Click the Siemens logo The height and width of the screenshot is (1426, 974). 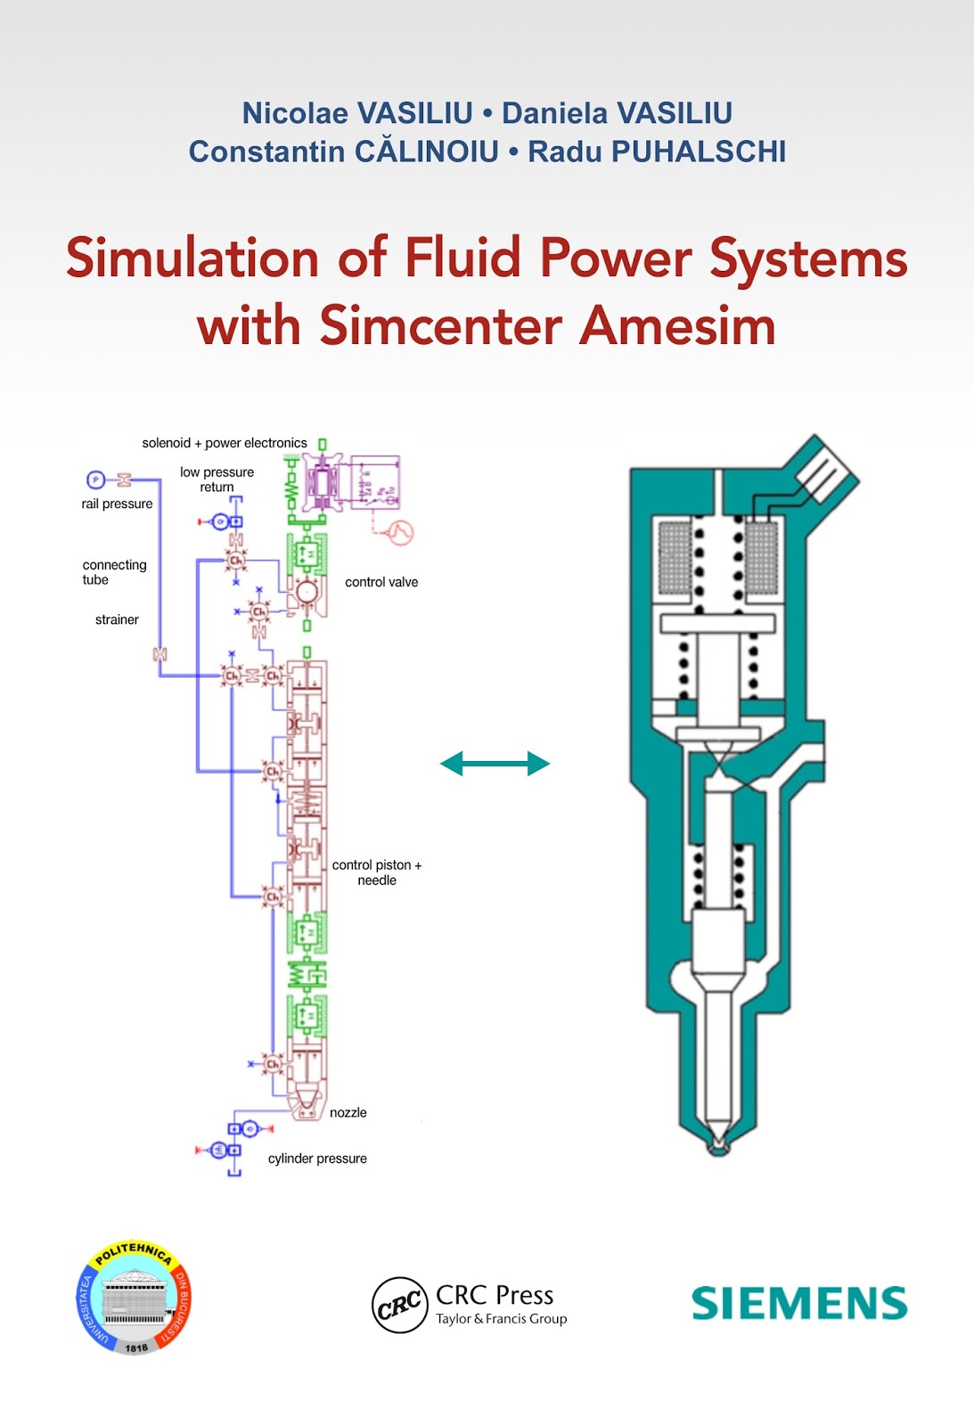tap(799, 1303)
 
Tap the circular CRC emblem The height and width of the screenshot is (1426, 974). tap(399, 1305)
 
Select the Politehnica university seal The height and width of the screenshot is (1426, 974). tap(134, 1298)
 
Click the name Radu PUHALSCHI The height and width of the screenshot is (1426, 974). tap(657, 152)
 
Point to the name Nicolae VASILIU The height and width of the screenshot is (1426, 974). tap(357, 113)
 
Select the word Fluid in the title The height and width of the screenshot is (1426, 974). tap(462, 258)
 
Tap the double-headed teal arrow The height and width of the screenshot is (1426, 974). tap(495, 764)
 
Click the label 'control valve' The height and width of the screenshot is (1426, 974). tap(381, 582)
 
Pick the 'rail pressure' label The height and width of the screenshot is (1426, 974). tap(117, 504)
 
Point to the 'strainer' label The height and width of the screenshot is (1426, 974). tap(117, 619)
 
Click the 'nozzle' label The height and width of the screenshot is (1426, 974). tap(348, 1112)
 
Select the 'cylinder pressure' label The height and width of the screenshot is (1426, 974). tap(317, 1159)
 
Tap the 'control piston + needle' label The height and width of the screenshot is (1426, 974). tap(377, 873)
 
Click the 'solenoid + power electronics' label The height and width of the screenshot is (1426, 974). tap(225, 443)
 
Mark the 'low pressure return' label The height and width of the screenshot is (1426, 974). tap(217, 479)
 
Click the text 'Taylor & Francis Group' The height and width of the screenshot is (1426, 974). tap(501, 1319)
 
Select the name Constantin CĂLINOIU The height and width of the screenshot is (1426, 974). tap(344, 152)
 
